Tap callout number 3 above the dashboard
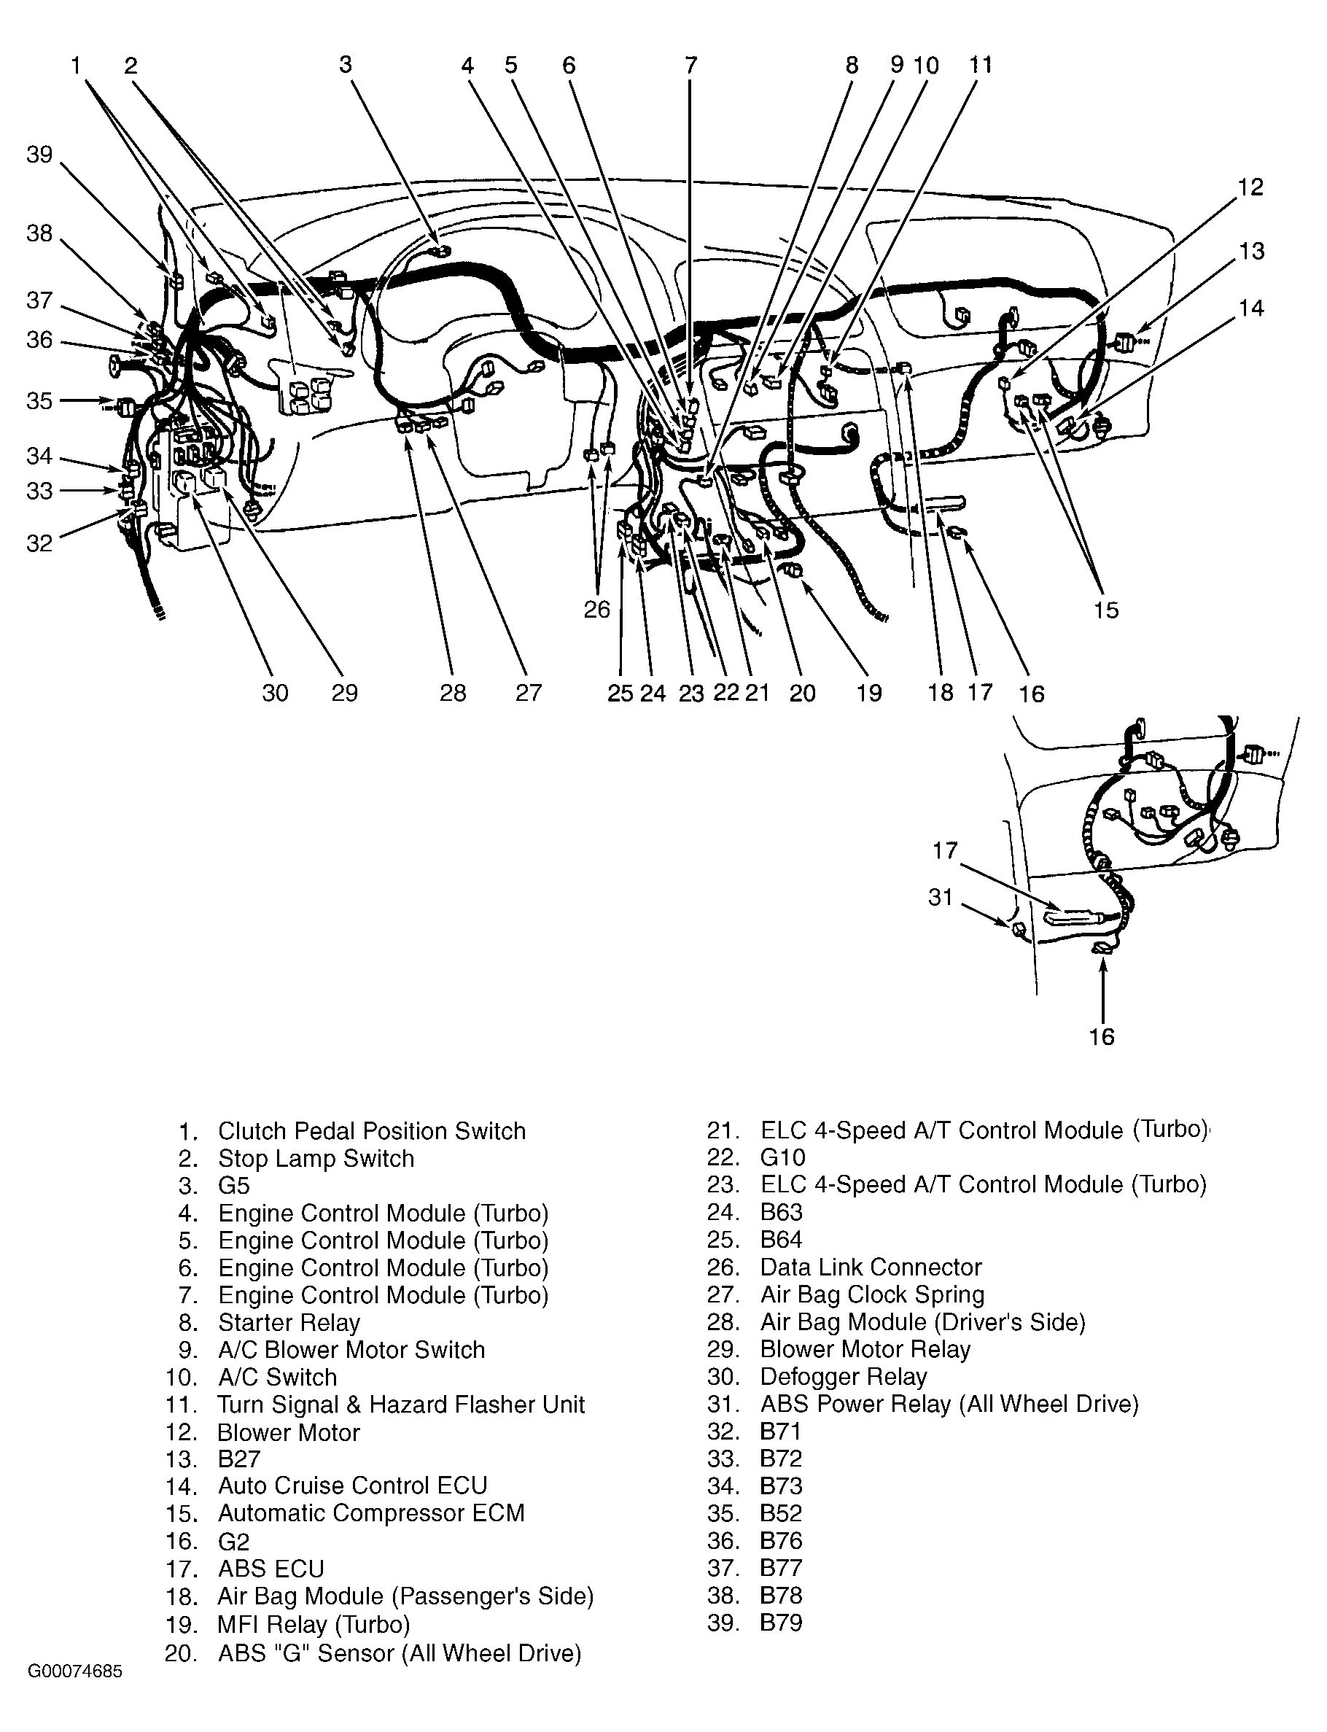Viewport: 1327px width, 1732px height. point(345,65)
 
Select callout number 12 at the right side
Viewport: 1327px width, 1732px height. point(1250,187)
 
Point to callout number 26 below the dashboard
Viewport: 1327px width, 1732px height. point(597,609)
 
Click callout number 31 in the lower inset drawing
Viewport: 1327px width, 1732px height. point(940,898)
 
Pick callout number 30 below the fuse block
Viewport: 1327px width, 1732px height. point(275,693)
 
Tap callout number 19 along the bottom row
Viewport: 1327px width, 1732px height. point(869,693)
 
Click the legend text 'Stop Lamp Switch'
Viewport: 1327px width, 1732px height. point(316,1158)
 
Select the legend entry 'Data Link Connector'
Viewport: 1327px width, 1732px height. point(871,1267)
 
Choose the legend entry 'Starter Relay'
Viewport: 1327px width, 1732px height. point(289,1323)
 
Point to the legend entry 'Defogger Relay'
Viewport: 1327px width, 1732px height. point(843,1376)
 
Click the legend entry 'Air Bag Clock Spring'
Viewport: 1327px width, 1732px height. point(872,1295)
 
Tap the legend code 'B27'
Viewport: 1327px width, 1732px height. point(238,1459)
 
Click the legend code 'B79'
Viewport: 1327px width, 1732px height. point(781,1622)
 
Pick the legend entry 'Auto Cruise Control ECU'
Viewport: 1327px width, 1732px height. point(352,1486)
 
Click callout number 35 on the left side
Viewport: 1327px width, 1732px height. point(39,400)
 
